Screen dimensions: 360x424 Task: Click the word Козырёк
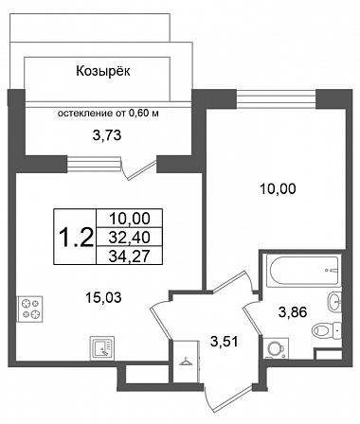click(x=103, y=71)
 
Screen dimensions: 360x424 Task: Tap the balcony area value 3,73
click(x=107, y=135)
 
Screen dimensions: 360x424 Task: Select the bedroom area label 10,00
click(x=278, y=189)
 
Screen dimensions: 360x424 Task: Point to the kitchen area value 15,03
click(x=103, y=297)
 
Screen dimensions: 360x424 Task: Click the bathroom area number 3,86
click(x=293, y=312)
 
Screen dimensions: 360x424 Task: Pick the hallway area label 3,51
click(x=225, y=342)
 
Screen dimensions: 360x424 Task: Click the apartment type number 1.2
click(x=76, y=238)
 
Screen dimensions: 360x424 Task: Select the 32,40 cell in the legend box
click(x=129, y=238)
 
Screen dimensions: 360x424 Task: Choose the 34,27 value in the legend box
click(x=129, y=256)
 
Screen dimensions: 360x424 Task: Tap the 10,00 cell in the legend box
click(x=129, y=219)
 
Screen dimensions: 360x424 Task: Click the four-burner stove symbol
click(x=30, y=309)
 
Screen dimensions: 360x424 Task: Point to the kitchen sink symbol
click(x=102, y=348)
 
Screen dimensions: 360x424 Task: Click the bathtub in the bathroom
click(x=303, y=271)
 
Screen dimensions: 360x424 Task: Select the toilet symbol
click(x=327, y=330)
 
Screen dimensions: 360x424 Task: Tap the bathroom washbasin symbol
click(x=334, y=302)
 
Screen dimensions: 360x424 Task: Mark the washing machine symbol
click(x=276, y=348)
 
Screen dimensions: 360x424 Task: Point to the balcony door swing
click(x=139, y=169)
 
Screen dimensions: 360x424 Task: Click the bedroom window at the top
click(x=276, y=98)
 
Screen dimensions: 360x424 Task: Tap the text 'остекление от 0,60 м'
click(x=108, y=114)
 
